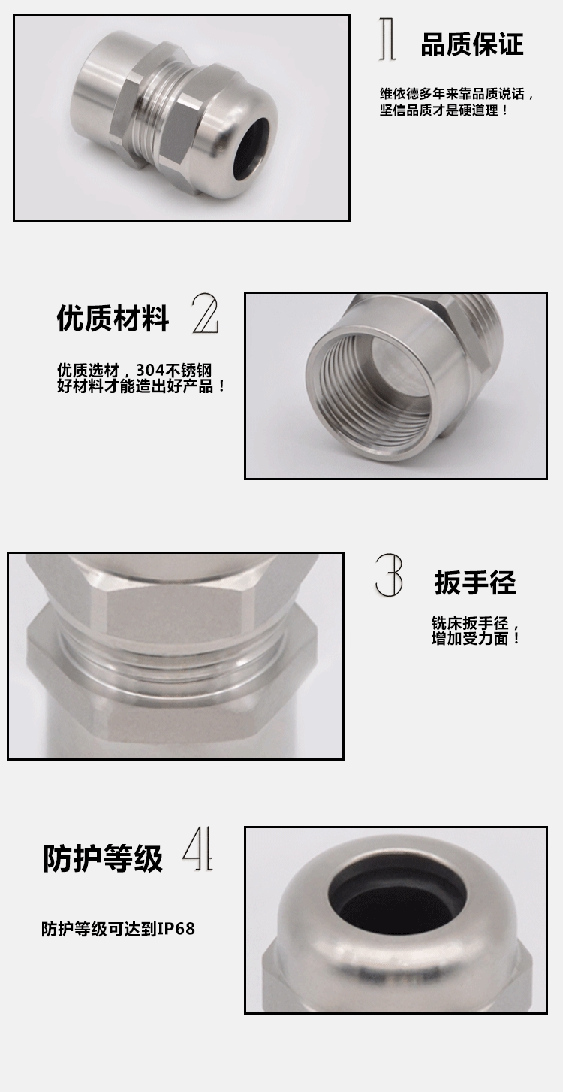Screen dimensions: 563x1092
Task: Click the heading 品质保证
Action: [472, 44]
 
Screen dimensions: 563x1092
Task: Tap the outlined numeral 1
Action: [387, 39]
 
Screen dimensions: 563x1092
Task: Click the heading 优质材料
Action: [113, 319]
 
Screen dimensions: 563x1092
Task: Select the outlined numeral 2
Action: [205, 313]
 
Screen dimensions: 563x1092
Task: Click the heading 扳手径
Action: [475, 582]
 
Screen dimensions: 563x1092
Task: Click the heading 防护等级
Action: [103, 858]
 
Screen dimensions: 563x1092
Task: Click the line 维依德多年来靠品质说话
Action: [453, 94]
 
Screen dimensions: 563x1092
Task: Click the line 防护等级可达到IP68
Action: [119, 929]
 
